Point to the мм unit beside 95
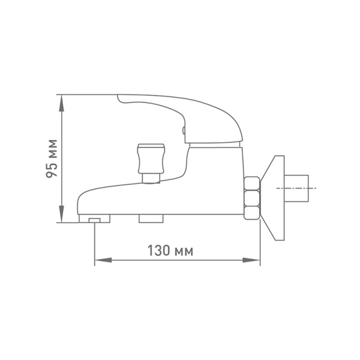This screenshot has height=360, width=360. pos(53,149)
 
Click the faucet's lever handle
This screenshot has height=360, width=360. pos(180,114)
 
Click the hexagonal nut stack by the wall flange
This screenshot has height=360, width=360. pos(252,198)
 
